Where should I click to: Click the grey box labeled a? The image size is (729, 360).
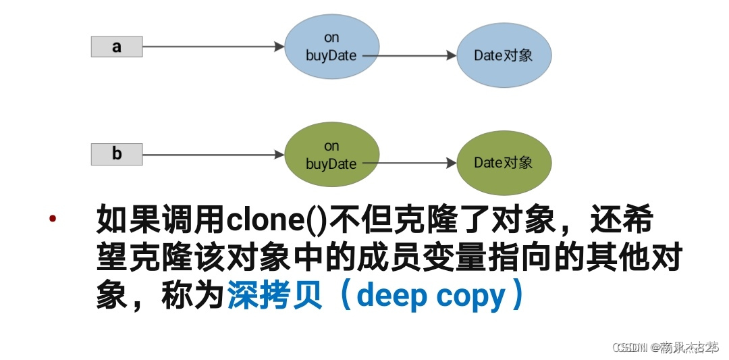pyautogui.click(x=116, y=47)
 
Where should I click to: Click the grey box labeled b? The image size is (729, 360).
pyautogui.click(x=116, y=155)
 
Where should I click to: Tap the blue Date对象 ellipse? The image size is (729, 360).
pyautogui.click(x=504, y=55)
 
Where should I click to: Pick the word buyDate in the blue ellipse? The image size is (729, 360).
pyautogui.click(x=331, y=55)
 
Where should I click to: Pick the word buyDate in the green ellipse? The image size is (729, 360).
pyautogui.click(x=331, y=163)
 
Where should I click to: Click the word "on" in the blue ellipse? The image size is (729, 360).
pyautogui.click(x=331, y=38)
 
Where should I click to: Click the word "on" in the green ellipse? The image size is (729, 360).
pyautogui.click(x=331, y=146)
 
